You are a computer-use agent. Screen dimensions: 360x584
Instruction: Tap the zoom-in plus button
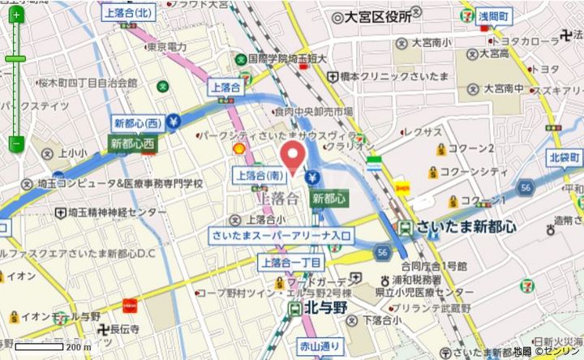pos(16,15)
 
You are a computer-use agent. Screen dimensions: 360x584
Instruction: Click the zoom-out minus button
pos(16,144)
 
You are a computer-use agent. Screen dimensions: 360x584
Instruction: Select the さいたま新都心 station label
pos(466,228)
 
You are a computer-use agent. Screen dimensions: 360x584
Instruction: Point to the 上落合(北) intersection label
pos(129,12)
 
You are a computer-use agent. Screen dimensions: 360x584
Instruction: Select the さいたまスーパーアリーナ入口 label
pos(281,235)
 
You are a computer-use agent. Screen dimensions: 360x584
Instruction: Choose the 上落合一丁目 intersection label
pos(291,262)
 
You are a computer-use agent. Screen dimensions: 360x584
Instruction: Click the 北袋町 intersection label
pos(564,156)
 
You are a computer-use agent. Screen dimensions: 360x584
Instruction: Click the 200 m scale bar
pos(49,347)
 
